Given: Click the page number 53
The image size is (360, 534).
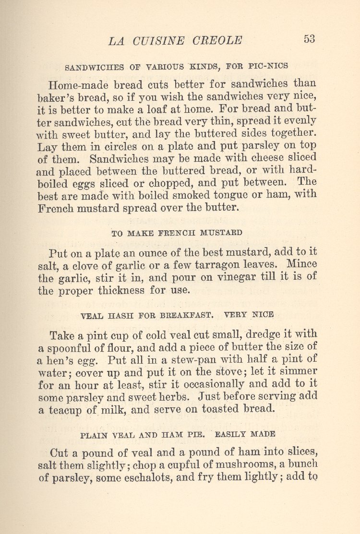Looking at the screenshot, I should (309, 39).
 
